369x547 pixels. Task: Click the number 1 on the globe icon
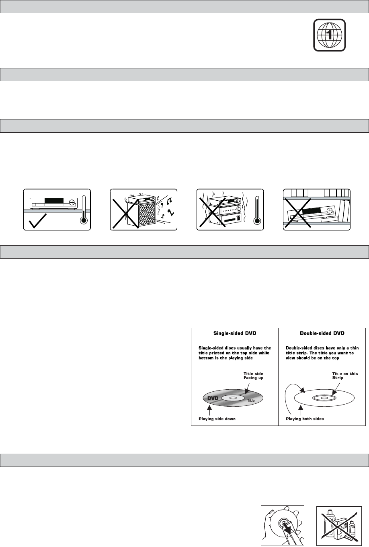(x=330, y=35)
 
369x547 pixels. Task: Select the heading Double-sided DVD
(x=322, y=333)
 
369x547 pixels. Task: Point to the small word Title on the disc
(x=251, y=401)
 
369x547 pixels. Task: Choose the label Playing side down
(x=217, y=419)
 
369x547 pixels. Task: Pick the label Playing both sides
(x=305, y=419)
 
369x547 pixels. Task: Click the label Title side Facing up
(x=253, y=376)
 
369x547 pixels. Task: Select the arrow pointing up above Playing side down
(x=209, y=410)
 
